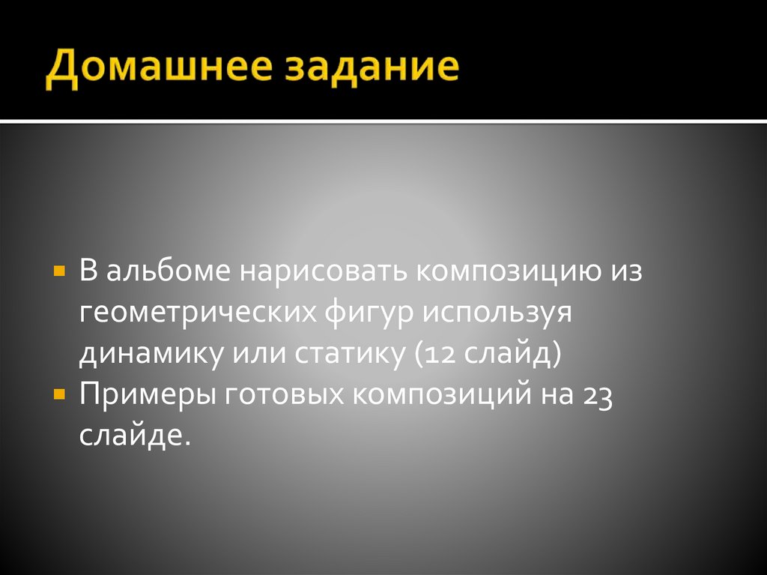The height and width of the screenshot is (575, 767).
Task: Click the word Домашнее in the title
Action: click(x=157, y=70)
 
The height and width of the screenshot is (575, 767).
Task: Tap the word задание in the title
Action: click(x=370, y=70)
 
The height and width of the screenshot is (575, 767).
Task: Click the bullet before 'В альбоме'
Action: click(x=58, y=268)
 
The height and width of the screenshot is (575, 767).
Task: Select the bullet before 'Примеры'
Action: click(x=58, y=392)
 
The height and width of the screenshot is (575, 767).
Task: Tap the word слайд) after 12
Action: click(x=512, y=353)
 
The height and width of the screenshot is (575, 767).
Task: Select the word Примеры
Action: click(x=147, y=396)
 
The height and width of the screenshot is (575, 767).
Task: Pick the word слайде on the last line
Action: click(x=130, y=435)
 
